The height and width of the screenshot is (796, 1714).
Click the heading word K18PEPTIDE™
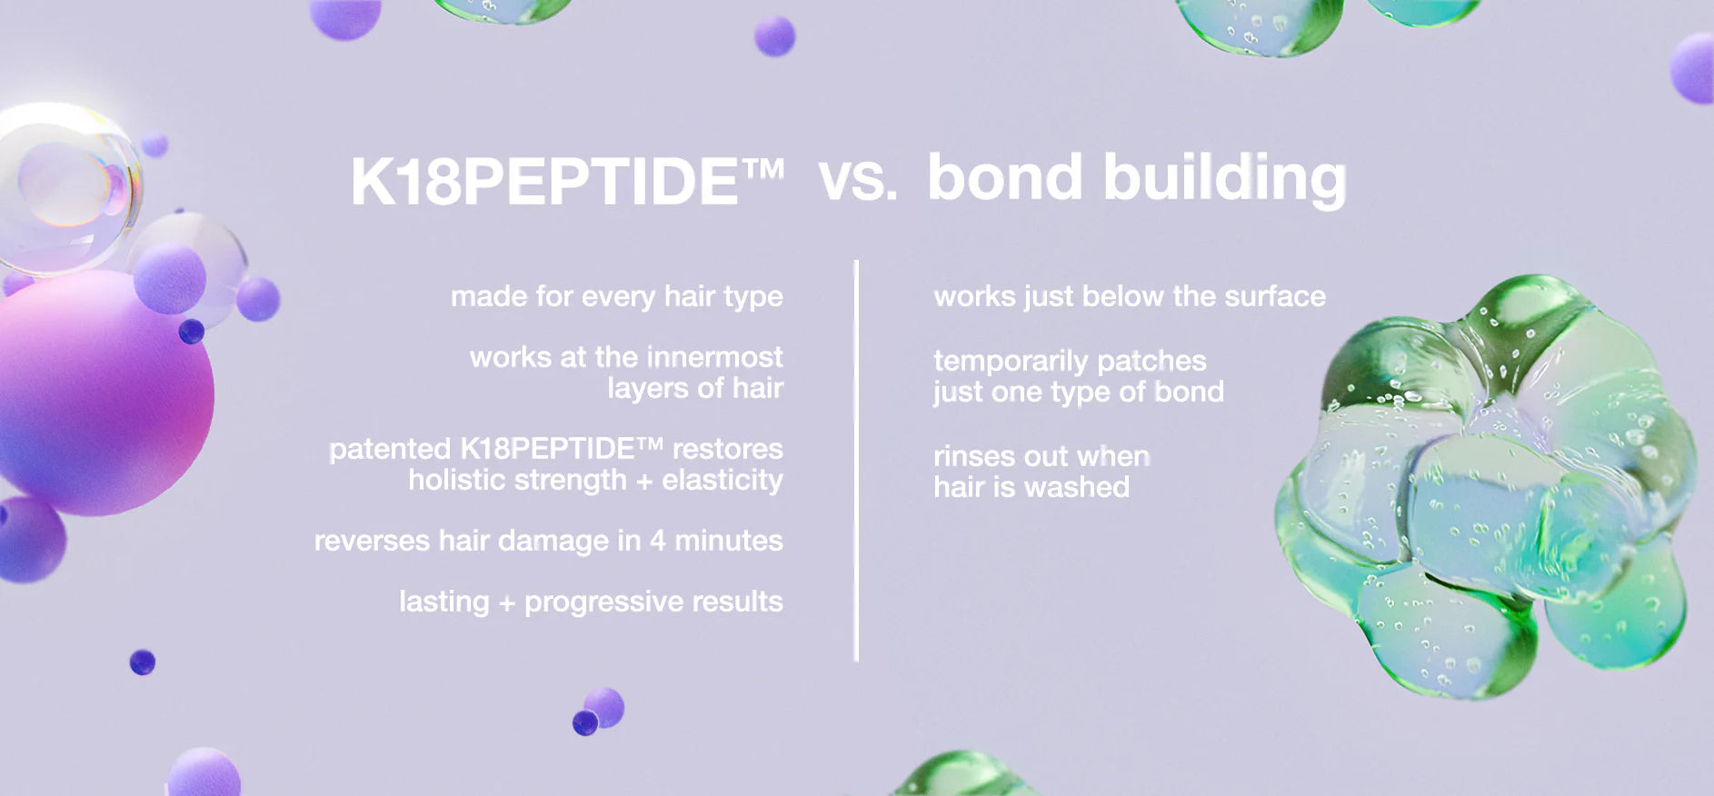coord(567,180)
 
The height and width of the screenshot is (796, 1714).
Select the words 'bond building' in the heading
coord(1136,179)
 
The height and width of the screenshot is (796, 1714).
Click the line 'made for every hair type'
coord(616,296)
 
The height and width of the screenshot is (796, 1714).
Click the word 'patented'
coord(389,449)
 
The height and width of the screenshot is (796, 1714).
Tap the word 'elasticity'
coord(722,480)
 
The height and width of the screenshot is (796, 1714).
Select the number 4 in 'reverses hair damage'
coord(657,541)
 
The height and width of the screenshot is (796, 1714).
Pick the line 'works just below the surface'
coord(1130,296)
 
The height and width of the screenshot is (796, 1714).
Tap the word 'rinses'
coord(969,456)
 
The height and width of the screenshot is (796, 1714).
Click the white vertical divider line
coord(856,461)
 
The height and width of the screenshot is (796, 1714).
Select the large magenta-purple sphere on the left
coord(100,393)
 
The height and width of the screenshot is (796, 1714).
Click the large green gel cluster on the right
coord(1486,486)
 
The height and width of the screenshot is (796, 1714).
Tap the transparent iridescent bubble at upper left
coord(68,189)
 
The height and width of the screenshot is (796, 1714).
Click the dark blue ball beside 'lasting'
coord(143,662)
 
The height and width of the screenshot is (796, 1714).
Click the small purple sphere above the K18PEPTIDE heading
coord(774,37)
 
